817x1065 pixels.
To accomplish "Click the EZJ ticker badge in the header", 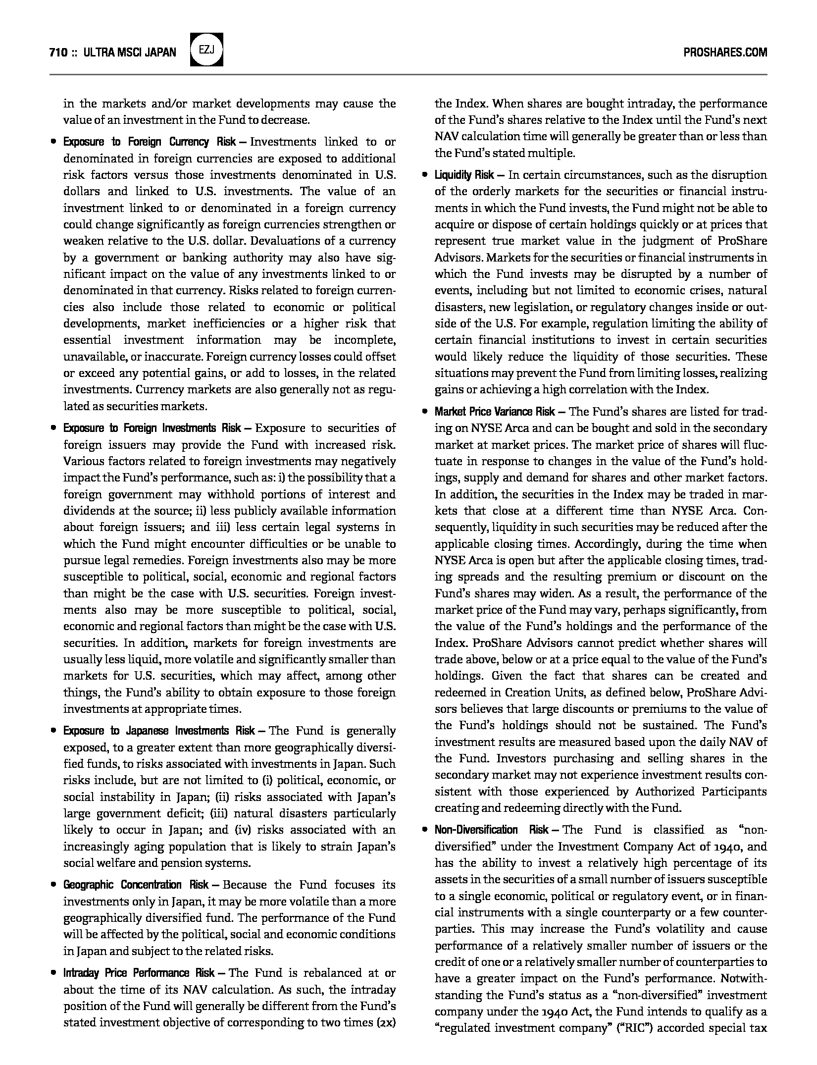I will [206, 50].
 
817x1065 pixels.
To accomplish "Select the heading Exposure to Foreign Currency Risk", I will [150, 142].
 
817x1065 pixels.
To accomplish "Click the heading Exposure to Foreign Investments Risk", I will [152, 428].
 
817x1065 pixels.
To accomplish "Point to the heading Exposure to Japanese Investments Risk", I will [159, 731].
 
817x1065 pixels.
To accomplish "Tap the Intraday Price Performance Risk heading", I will [139, 973].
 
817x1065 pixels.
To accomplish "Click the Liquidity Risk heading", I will [464, 175].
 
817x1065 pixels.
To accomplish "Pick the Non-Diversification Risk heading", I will [491, 830].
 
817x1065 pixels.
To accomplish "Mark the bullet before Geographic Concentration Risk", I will [53, 885].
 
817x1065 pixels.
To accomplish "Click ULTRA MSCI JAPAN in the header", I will [130, 53].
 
